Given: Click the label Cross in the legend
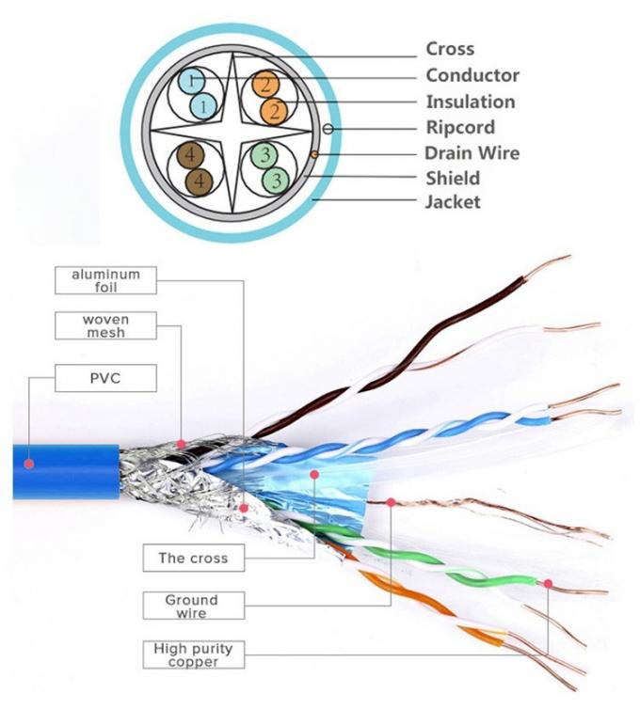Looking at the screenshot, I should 450,49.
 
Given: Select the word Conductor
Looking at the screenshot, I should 472,75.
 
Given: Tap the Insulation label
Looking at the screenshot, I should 471,102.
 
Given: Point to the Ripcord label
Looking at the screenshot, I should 460,127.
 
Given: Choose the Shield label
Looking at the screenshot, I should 453,178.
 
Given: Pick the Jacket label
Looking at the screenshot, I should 453,201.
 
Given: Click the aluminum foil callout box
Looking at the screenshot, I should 105,280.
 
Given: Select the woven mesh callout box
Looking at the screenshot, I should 105,326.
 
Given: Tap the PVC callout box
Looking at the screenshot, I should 105,378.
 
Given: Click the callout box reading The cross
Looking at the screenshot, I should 193,558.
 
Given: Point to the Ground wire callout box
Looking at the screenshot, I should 191,606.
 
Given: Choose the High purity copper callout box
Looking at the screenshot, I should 192,654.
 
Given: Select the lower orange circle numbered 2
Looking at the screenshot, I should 275,112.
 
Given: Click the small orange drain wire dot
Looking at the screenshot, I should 313,152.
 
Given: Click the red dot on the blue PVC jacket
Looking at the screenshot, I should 30,463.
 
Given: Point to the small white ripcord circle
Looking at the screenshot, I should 328,128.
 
